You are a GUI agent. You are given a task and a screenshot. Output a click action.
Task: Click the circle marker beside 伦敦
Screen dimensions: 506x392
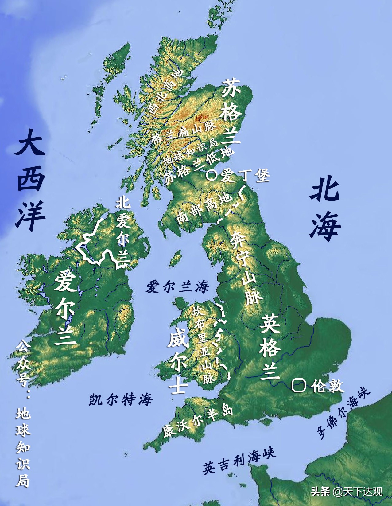298,385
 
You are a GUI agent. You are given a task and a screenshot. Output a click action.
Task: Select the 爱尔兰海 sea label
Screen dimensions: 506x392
177,287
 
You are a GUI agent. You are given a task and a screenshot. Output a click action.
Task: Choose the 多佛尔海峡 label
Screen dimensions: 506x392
344,411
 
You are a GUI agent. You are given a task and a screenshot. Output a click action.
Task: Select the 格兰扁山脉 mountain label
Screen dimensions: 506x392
184,133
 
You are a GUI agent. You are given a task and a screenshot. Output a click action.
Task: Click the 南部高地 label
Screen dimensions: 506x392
204,209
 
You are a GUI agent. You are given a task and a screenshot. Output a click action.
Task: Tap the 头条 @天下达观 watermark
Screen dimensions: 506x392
347,491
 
